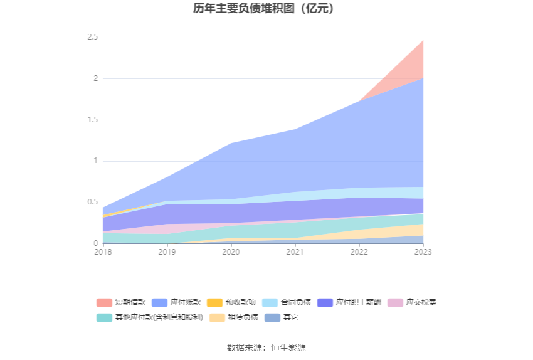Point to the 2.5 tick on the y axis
[x=92, y=38]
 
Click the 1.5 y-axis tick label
[x=92, y=120]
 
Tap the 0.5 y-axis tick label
[x=92, y=202]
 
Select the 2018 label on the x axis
[x=103, y=251]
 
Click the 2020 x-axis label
[x=231, y=251]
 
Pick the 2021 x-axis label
[x=295, y=251]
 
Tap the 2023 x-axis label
[x=423, y=251]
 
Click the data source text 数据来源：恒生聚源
[x=266, y=347]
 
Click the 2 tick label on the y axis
[x=96, y=78]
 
